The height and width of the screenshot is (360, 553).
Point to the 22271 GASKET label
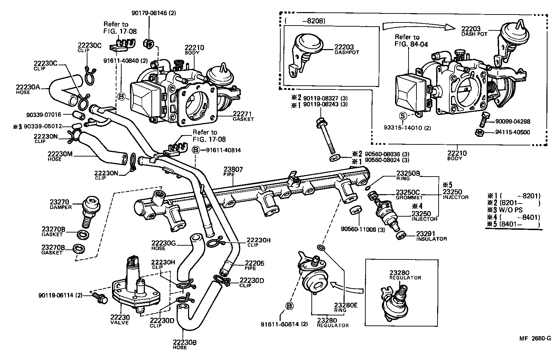(243, 116)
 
